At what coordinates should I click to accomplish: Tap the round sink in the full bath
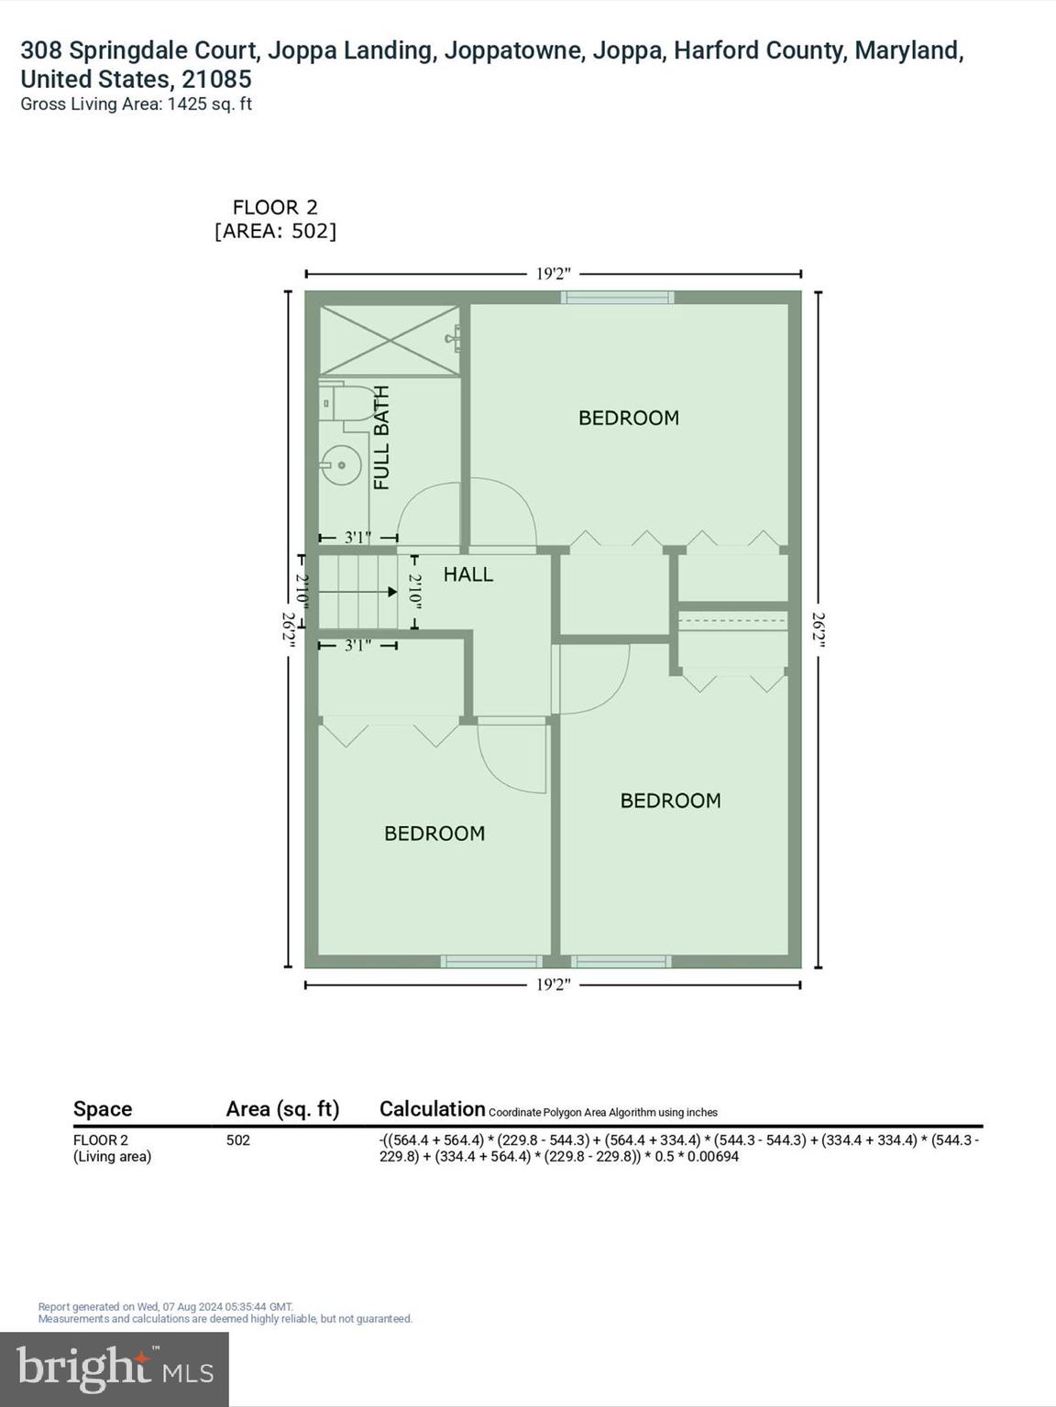[x=341, y=464]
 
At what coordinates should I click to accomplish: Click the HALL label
[x=468, y=574]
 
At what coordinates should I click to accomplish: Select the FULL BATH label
[x=381, y=438]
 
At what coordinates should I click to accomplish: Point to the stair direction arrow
[x=391, y=592]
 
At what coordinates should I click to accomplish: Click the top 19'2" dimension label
[x=553, y=273]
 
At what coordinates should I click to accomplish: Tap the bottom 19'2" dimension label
[x=553, y=985]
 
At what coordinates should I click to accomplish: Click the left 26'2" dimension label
[x=289, y=630]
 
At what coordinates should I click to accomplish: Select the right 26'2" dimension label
[x=818, y=630]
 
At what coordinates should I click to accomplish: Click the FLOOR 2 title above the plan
[x=275, y=207]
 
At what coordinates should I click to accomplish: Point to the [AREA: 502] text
[x=275, y=231]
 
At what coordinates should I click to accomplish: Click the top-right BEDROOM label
[x=629, y=418]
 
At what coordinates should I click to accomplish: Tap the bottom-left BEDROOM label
[x=434, y=834]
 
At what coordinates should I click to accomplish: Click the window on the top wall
[x=617, y=297]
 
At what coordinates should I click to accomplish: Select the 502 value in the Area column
[x=238, y=1140]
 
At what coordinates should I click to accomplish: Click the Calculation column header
[x=432, y=1109]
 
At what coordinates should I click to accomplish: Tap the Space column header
[x=103, y=1109]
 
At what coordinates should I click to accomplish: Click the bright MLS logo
[x=115, y=1369]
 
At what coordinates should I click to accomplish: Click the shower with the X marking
[x=389, y=340]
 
